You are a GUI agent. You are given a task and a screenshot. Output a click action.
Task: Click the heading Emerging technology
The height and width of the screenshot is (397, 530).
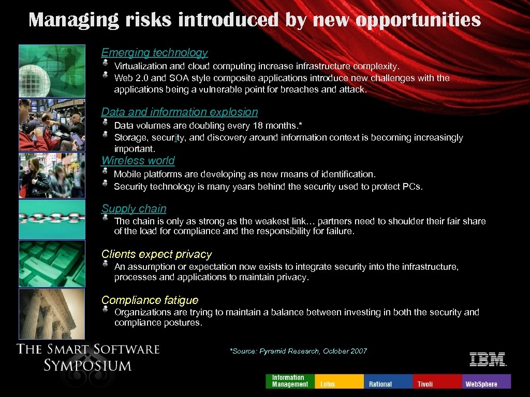pyautogui.click(x=154, y=53)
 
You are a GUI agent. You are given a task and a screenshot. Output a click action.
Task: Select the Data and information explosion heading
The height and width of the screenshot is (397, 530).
pyautogui.click(x=179, y=112)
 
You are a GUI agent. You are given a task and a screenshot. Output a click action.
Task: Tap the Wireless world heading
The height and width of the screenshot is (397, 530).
pyautogui.click(x=138, y=161)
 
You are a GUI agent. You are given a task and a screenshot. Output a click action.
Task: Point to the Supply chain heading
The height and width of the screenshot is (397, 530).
pyautogui.click(x=134, y=209)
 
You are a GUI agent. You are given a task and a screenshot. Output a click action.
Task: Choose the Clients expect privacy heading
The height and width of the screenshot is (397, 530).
pyautogui.click(x=156, y=254)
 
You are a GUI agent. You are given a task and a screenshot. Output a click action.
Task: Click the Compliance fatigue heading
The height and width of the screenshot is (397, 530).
pyautogui.click(x=150, y=300)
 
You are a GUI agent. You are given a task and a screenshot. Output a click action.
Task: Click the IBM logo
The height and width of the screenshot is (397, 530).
pyautogui.click(x=488, y=359)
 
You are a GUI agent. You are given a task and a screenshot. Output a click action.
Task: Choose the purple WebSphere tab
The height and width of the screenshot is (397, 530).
pyautogui.click(x=486, y=381)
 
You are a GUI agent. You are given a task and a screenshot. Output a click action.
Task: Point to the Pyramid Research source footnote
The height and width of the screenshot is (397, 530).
pyautogui.click(x=298, y=352)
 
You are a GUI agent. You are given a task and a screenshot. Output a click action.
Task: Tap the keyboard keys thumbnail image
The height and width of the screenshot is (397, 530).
pyautogui.click(x=52, y=263)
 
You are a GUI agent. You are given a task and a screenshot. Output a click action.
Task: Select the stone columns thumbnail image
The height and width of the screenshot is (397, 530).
pyautogui.click(x=52, y=313)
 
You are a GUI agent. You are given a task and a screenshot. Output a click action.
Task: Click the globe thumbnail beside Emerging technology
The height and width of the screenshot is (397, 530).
pyautogui.click(x=52, y=71)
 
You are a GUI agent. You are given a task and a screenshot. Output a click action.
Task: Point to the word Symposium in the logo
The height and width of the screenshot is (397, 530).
pyautogui.click(x=87, y=365)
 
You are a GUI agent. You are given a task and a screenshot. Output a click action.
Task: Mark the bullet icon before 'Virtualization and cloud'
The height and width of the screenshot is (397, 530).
pyautogui.click(x=105, y=63)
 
